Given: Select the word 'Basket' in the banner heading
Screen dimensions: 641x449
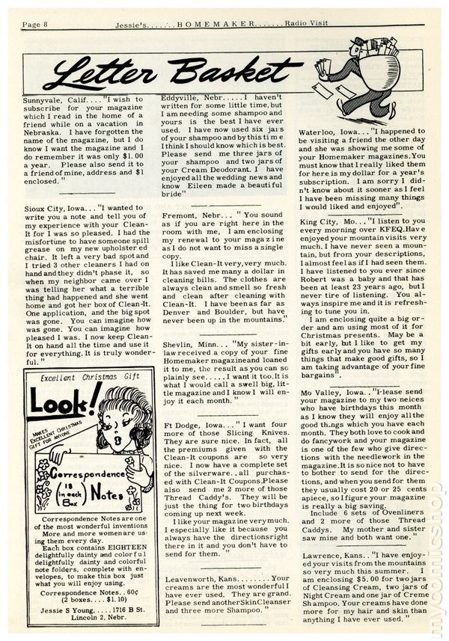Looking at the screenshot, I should coord(228,73).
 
